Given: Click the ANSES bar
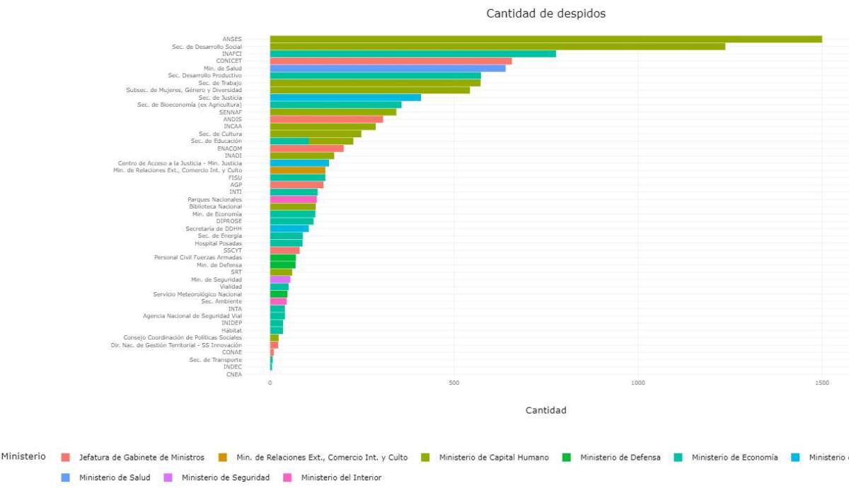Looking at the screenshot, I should [x=545, y=39].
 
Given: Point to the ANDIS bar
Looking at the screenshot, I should [x=326, y=120].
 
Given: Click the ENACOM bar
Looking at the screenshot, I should [x=306, y=149].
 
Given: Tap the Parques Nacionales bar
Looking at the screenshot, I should [x=293, y=199].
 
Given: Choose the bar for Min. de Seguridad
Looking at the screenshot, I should [x=279, y=279].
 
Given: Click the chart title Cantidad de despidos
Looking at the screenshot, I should [x=545, y=13].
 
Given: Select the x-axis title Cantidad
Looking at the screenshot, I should [x=545, y=410].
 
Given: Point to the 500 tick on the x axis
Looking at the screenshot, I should [x=454, y=383].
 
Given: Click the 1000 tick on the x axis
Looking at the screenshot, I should [x=637, y=383].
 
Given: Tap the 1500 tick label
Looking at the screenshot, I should [x=821, y=383].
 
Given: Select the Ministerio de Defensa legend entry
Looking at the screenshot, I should [x=620, y=458].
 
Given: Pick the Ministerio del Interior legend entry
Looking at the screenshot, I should [x=341, y=478].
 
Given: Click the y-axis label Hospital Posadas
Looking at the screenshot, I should [x=218, y=243].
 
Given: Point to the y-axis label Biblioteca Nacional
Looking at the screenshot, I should [x=215, y=207].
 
